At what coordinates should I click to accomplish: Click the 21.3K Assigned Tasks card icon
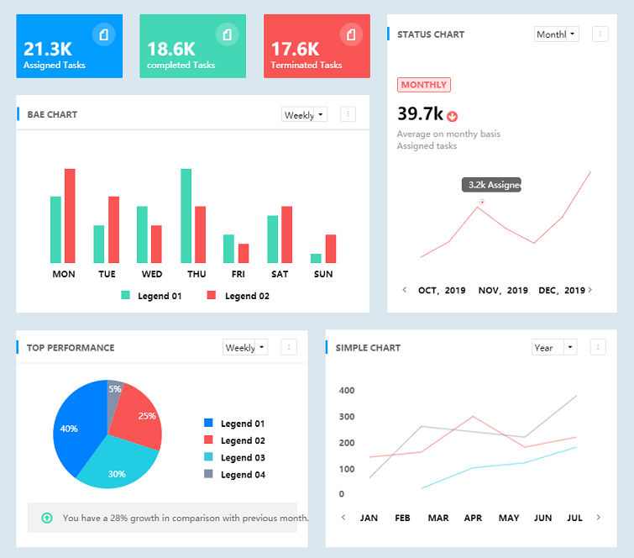coord(103,34)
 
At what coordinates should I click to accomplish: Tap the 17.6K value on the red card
coord(295,49)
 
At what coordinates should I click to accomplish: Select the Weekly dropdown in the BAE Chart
coord(304,115)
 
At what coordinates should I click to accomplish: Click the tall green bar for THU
coord(186,216)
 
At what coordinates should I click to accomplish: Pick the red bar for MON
coord(70,216)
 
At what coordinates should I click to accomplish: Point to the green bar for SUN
coord(316,258)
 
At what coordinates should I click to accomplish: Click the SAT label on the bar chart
coord(280,274)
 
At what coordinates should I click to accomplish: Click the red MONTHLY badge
coord(424,85)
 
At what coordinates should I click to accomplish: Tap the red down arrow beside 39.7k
coord(453,116)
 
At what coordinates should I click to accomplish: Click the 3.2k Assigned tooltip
coord(492,185)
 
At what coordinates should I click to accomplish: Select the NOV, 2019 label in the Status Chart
coord(503,291)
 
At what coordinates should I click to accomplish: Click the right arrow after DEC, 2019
coord(590,290)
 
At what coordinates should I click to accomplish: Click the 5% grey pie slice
coord(115,391)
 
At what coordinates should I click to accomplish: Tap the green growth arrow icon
coord(47,518)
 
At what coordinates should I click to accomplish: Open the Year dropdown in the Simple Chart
coord(554,347)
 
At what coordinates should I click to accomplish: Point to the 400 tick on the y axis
coord(347,391)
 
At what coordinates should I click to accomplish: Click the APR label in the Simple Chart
coord(473,518)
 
